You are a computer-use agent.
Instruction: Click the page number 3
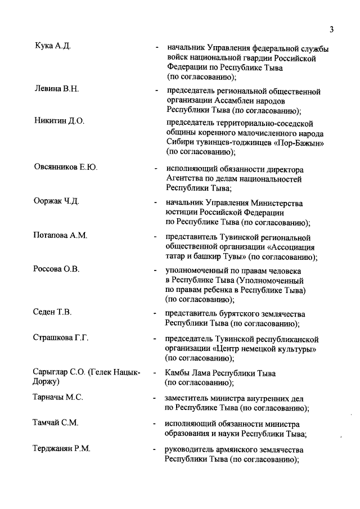click(332, 30)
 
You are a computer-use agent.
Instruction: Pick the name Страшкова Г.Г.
click(62, 339)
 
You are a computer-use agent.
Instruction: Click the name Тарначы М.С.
click(58, 398)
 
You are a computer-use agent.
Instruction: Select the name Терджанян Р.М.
click(62, 449)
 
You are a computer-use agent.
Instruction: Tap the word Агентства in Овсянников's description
click(186, 179)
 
